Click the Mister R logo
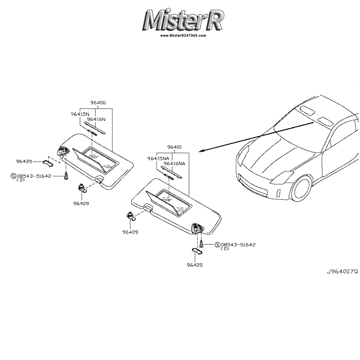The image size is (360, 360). pyautogui.click(x=184, y=20)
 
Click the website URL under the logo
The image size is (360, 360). pyautogui.click(x=183, y=36)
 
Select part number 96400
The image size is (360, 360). pyautogui.click(x=98, y=103)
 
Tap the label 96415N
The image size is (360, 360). pyautogui.click(x=80, y=114)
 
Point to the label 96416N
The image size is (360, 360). pyautogui.click(x=96, y=119)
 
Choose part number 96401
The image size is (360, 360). pyautogui.click(x=174, y=147)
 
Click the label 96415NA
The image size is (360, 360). pyautogui.click(x=158, y=158)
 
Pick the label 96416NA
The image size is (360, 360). pyautogui.click(x=175, y=163)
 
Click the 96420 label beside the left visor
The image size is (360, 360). pyautogui.click(x=24, y=161)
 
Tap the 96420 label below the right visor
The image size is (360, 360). pyautogui.click(x=194, y=265)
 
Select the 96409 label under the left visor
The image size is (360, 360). pyautogui.click(x=81, y=203)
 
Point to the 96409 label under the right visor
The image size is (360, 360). pyautogui.click(x=130, y=232)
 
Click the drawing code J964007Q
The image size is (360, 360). pyautogui.click(x=342, y=271)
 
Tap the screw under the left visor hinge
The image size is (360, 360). pyautogui.click(x=66, y=176)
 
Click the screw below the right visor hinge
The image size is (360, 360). pyautogui.click(x=202, y=244)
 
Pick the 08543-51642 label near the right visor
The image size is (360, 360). pyautogui.click(x=238, y=245)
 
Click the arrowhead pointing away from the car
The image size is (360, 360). pyautogui.click(x=201, y=151)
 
